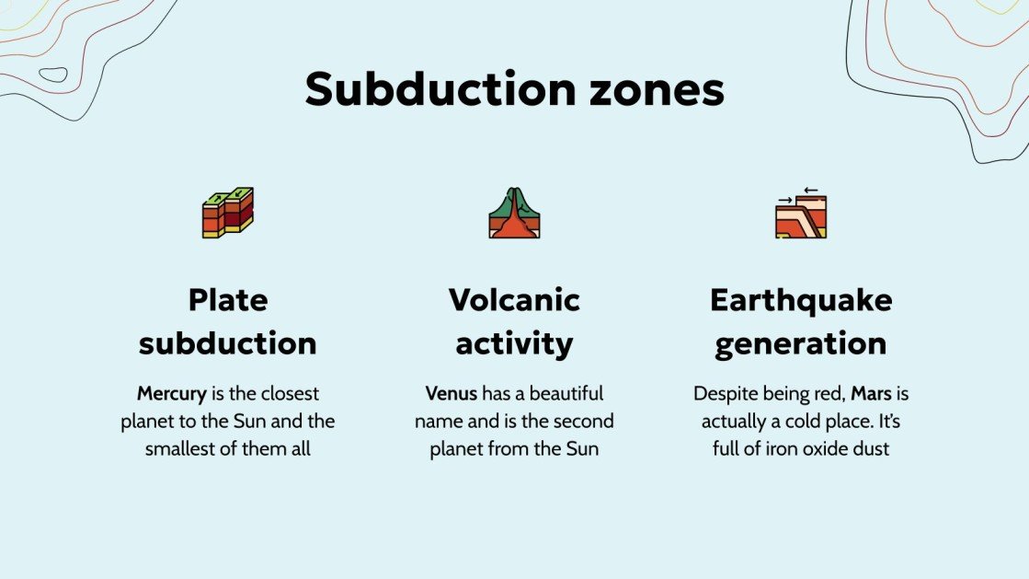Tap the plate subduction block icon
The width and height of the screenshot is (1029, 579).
coord(228,213)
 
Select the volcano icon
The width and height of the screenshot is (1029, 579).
coord(514,214)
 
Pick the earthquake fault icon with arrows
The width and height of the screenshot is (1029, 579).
coord(801,213)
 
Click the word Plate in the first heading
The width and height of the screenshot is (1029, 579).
coord(228,299)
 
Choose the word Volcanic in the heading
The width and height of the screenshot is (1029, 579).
coord(514,299)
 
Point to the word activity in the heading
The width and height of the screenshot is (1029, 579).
coord(514,343)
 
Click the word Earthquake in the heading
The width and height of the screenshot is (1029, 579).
coord(801,299)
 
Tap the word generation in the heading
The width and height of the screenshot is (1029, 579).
coord(801,343)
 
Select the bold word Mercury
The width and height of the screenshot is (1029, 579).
coord(172,394)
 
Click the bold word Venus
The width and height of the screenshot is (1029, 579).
coord(451,394)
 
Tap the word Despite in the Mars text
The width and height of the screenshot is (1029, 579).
coord(723,394)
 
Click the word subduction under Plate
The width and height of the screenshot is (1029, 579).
coord(228,343)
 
